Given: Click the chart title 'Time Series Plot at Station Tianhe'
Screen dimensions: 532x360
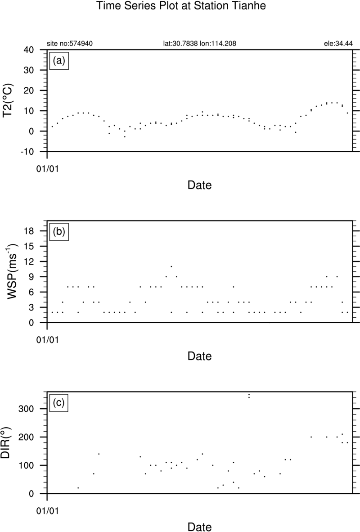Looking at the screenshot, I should pos(180,7).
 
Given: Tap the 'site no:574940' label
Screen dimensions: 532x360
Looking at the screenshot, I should pos(70,44).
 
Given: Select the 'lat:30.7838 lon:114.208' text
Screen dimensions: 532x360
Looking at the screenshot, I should pos(199,44).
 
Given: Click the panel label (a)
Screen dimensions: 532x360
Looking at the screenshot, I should pos(59,61).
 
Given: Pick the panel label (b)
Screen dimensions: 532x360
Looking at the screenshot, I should pos(59,232).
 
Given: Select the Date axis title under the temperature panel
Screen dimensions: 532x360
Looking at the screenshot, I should pos(199,185).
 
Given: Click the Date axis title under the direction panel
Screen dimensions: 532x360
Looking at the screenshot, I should pos(199,526).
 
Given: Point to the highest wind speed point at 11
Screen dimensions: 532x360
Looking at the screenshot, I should pos(171,266).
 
